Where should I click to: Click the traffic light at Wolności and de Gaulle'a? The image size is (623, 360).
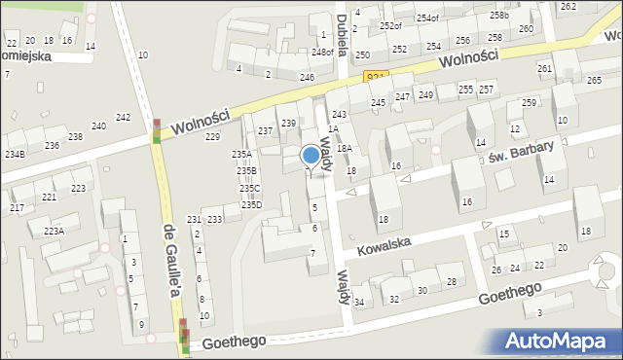(157, 131)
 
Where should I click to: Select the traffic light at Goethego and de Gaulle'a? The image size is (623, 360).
(184, 340)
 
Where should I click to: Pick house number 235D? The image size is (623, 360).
(251, 204)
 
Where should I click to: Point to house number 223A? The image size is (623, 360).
(54, 231)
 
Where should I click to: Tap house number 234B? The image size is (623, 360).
(15, 155)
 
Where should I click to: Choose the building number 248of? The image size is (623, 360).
(323, 53)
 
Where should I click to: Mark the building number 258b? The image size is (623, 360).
(499, 16)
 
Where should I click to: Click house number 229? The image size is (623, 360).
(212, 137)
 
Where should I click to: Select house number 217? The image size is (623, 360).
(17, 208)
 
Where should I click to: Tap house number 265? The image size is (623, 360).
(594, 80)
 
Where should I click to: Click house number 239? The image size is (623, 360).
(288, 124)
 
